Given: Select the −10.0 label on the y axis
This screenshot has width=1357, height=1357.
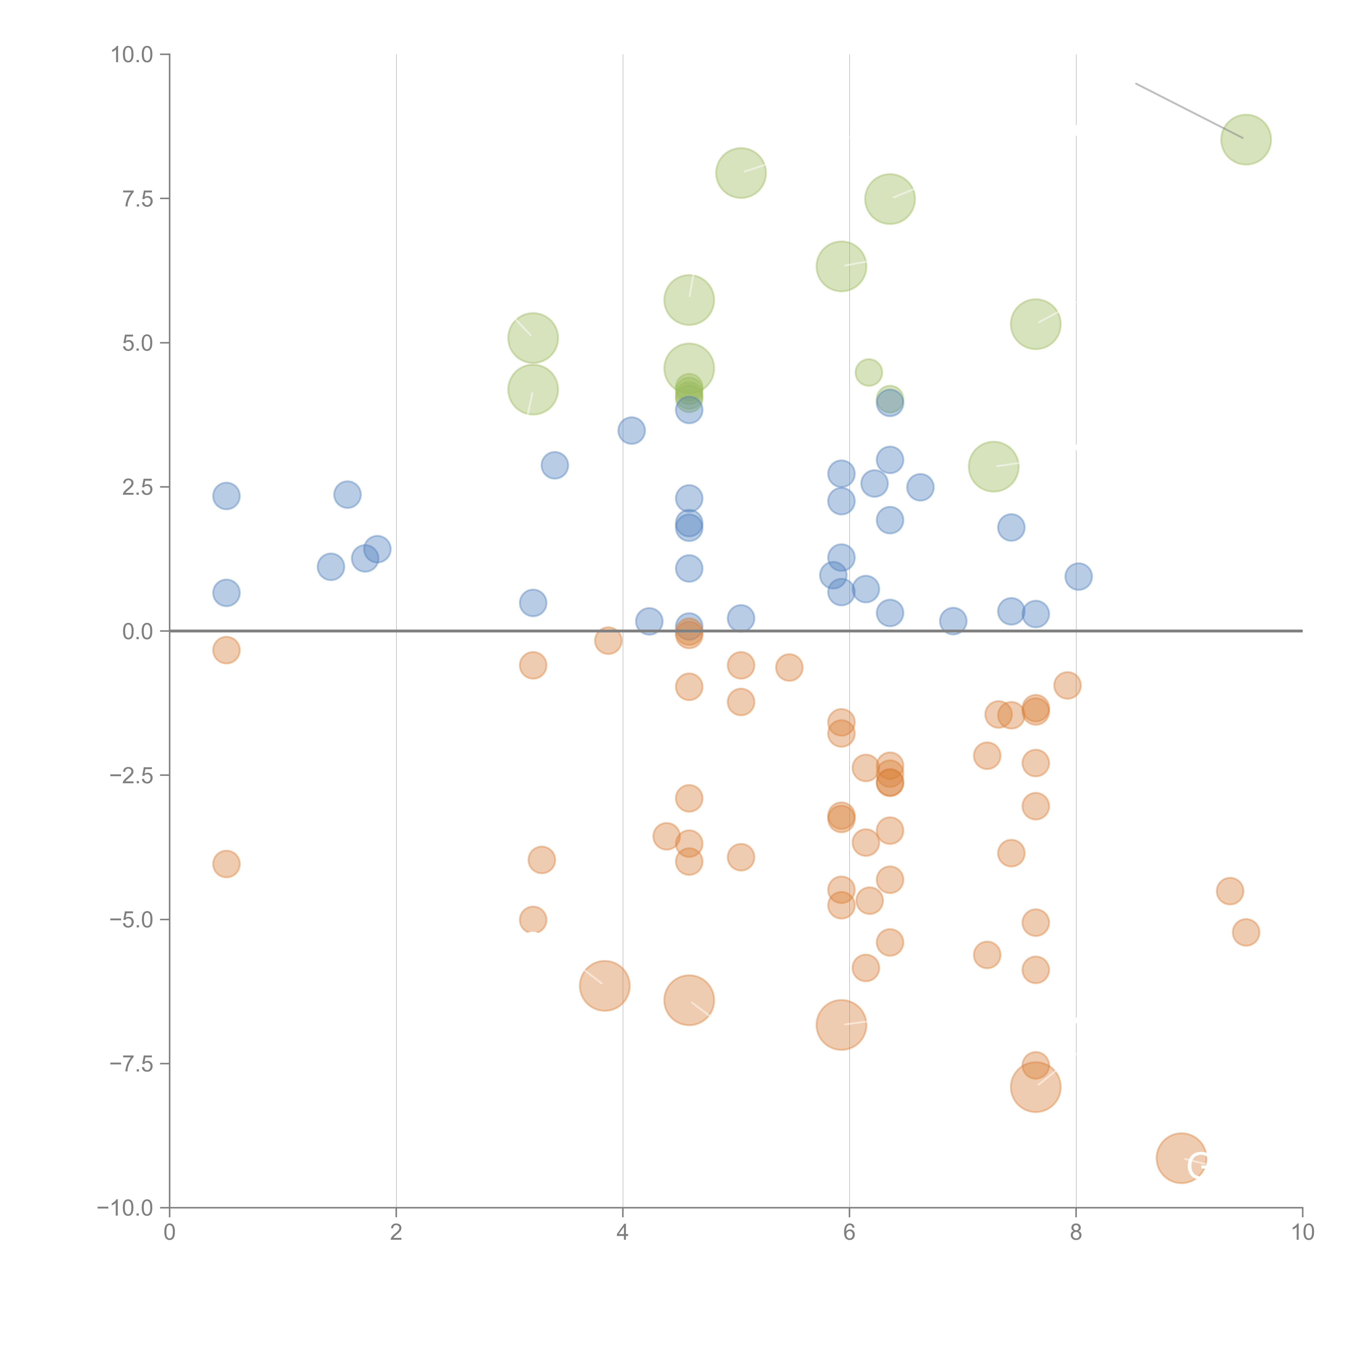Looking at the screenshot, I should pyautogui.click(x=125, y=1208).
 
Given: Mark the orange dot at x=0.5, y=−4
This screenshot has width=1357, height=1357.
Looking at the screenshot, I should pyautogui.click(x=226, y=864).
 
